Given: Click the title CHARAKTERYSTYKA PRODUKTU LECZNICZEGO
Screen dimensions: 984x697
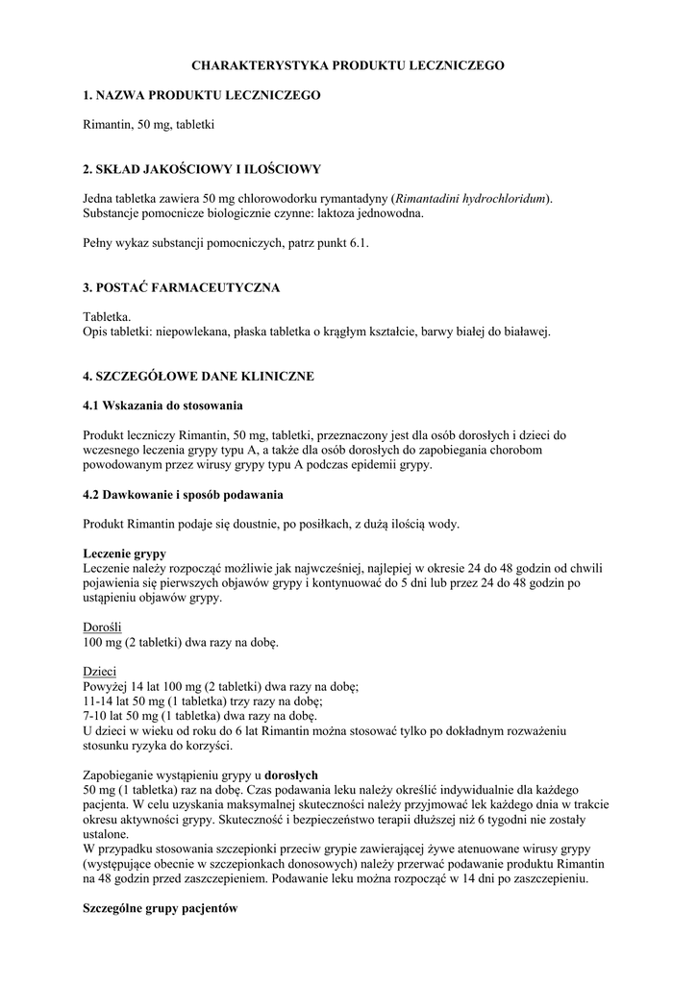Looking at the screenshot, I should [348, 65].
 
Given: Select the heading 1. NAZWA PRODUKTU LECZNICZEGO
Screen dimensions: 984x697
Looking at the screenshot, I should [201, 96].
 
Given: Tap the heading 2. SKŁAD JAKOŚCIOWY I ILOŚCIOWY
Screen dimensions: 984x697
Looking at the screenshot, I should [201, 169].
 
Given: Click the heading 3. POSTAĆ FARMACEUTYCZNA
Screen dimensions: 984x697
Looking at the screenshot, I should [182, 287].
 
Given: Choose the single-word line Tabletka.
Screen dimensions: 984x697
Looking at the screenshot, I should [107, 317].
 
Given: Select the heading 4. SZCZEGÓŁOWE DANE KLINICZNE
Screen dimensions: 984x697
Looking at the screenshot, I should [198, 376].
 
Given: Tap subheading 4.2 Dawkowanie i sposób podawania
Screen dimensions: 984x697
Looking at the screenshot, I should [183, 495].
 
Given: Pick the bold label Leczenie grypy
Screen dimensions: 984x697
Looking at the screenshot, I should [124, 554].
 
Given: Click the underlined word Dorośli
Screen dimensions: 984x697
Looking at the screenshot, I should [103, 627].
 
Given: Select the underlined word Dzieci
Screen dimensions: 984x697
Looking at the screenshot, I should [99, 672].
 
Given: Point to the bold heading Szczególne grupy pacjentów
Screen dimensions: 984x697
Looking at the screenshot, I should [160, 908].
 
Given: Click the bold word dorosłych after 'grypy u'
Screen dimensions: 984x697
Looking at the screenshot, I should [291, 775].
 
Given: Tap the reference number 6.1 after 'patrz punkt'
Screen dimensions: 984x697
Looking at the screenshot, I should [358, 243].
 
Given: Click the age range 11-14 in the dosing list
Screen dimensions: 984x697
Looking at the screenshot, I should [98, 701].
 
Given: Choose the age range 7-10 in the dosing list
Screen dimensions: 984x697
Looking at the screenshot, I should [95, 716].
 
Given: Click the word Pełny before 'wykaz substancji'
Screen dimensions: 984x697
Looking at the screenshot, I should [99, 243].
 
